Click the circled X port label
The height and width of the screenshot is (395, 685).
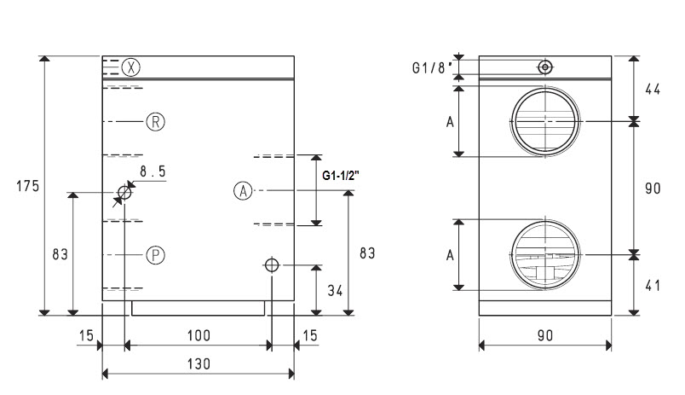pyautogui.click(x=130, y=67)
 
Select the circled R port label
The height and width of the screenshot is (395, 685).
pyautogui.click(x=156, y=122)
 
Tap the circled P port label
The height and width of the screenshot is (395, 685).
pyautogui.click(x=156, y=255)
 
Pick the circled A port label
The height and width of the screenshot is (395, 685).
pyautogui.click(x=243, y=191)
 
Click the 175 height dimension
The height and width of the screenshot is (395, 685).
pyautogui.click(x=28, y=186)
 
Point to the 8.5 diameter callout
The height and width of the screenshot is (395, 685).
pyautogui.click(x=153, y=171)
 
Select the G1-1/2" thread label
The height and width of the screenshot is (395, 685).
pyautogui.click(x=341, y=176)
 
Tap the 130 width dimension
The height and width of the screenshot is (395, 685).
pyautogui.click(x=199, y=364)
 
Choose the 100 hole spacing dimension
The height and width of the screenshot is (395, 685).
pyautogui.click(x=199, y=335)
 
